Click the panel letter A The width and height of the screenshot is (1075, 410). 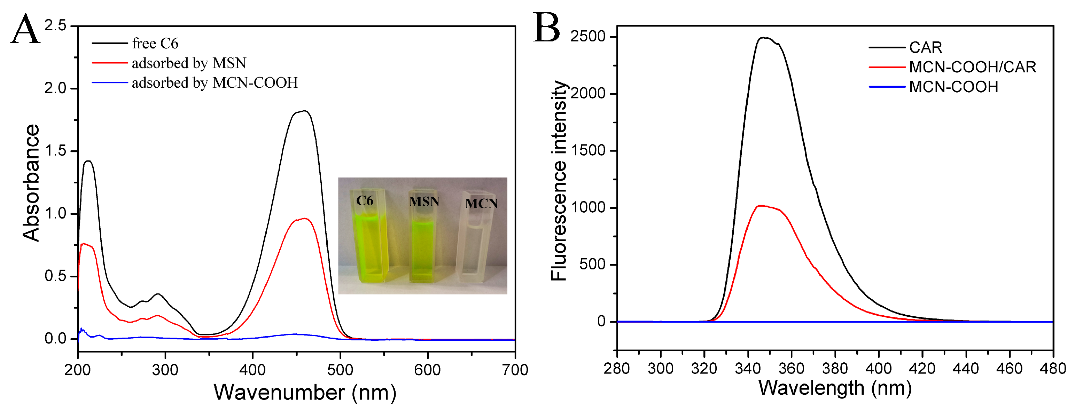(25, 29)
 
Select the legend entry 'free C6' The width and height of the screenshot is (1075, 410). (155, 44)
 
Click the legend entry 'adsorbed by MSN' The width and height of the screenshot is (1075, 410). (189, 63)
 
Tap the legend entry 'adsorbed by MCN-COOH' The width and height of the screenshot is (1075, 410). (215, 82)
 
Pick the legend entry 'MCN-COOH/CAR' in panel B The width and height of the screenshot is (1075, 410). (972, 67)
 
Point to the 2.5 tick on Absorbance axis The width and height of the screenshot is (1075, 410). (55, 26)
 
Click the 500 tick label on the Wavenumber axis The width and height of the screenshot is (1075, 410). (340, 370)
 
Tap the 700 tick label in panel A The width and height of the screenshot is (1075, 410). (515, 370)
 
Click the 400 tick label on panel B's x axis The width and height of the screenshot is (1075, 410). (879, 368)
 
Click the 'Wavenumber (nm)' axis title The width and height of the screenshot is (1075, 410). (305, 392)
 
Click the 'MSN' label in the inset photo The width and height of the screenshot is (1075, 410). (424, 202)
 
